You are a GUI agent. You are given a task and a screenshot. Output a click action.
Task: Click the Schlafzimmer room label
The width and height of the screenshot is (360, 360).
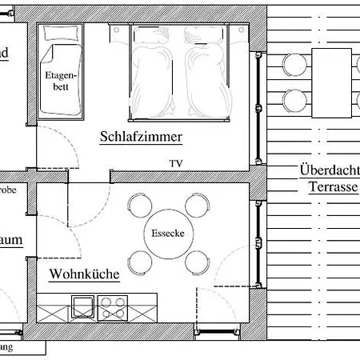142,137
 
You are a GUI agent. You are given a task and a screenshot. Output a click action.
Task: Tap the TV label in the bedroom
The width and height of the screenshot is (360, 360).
176,163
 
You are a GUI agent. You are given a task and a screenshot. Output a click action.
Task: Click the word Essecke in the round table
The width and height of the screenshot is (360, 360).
166,234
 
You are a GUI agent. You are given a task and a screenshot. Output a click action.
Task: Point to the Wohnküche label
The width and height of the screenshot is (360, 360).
84,274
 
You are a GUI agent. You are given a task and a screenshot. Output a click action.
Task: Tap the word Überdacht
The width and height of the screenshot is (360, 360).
328,170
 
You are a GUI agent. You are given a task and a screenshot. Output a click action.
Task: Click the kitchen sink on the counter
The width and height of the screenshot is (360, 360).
82,306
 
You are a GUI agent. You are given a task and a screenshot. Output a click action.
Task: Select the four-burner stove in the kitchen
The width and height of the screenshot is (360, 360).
113,306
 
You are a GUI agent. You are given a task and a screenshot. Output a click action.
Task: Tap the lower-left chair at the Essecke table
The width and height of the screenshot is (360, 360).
139,261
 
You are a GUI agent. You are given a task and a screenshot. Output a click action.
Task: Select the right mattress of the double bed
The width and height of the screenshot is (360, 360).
206,74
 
